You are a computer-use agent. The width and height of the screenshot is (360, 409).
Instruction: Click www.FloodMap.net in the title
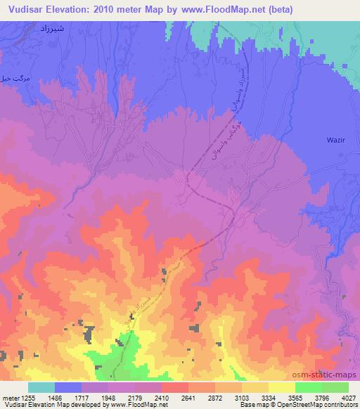click(216, 10)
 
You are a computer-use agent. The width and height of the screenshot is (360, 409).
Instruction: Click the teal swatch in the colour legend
click(41, 387)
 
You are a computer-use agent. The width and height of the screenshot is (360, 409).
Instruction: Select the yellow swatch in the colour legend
click(281, 387)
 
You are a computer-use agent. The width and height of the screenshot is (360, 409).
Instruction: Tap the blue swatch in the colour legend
click(69, 387)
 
